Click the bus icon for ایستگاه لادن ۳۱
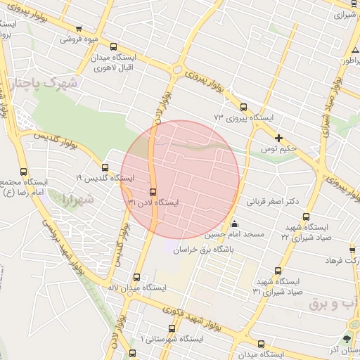point(153,192)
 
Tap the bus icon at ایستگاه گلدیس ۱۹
point(105,168)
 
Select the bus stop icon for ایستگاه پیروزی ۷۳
point(244,108)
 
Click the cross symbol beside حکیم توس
point(279,138)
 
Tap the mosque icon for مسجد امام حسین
point(233,224)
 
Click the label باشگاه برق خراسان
point(205,247)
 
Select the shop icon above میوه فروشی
point(78,29)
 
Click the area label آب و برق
point(332,304)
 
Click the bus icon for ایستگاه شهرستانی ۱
point(133,352)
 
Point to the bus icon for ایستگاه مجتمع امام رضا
point(24,172)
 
